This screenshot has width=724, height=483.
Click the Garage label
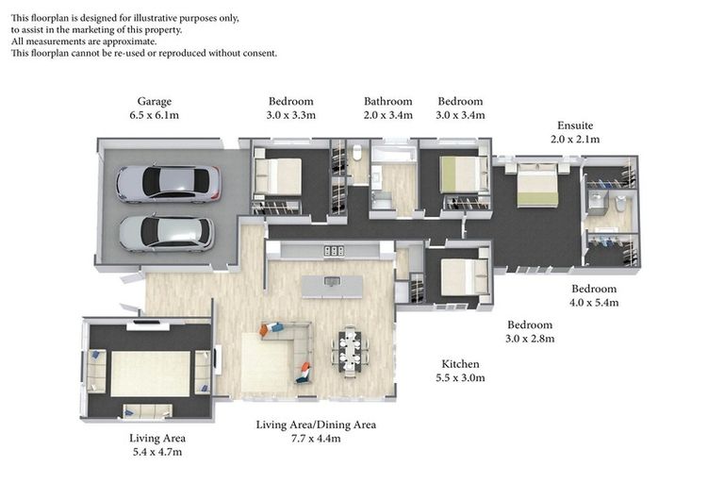[x=155, y=102]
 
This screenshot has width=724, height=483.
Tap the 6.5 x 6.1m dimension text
[x=155, y=115]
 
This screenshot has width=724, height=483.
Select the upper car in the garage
[x=168, y=184]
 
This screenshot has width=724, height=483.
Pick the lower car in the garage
[x=167, y=233]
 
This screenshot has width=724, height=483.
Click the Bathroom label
[x=387, y=101]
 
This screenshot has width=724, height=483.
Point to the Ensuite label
[x=575, y=125]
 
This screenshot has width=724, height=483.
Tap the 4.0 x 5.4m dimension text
[x=594, y=303]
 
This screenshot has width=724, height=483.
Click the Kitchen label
[x=460, y=364]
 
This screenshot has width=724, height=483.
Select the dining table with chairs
[x=351, y=351]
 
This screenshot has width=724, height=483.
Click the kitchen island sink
[x=332, y=280]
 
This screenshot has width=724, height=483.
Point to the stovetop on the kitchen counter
[x=334, y=251]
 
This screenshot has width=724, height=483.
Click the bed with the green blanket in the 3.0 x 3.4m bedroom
[x=464, y=175]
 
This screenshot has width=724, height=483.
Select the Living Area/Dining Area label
[x=316, y=425]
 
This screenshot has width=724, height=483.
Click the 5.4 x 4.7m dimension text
[x=157, y=452]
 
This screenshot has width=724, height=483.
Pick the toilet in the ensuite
[x=620, y=204]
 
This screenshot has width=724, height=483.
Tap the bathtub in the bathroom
[x=394, y=154]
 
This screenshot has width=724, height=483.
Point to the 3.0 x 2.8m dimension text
[x=530, y=339]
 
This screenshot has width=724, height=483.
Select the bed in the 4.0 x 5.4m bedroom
[x=537, y=184]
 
